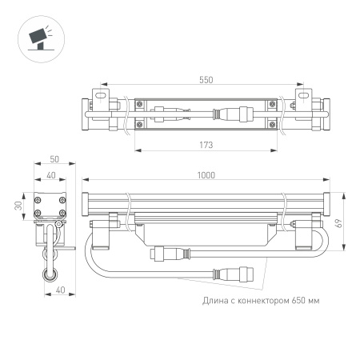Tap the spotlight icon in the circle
tap(37, 38)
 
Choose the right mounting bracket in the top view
tap(308, 112)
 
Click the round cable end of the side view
tap(51, 274)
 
